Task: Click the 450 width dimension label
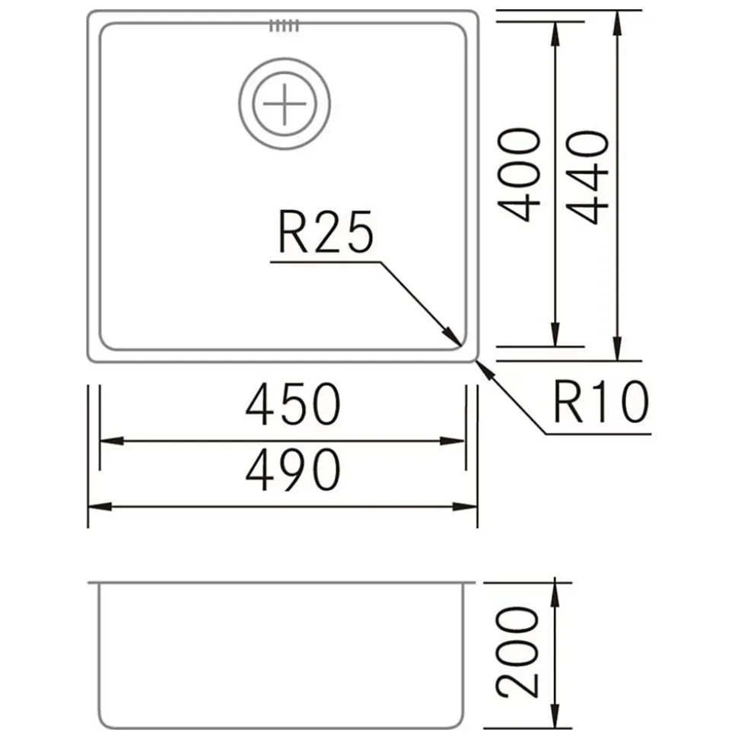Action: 293,404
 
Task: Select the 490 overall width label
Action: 293,470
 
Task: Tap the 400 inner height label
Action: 519,174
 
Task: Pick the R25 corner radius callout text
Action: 326,232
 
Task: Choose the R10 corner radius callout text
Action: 601,402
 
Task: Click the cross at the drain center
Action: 285,104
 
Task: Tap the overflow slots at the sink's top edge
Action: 285,25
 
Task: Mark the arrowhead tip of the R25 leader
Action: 461,346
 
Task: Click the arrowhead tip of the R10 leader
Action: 477,361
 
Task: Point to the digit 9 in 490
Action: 293,470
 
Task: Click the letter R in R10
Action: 568,402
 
